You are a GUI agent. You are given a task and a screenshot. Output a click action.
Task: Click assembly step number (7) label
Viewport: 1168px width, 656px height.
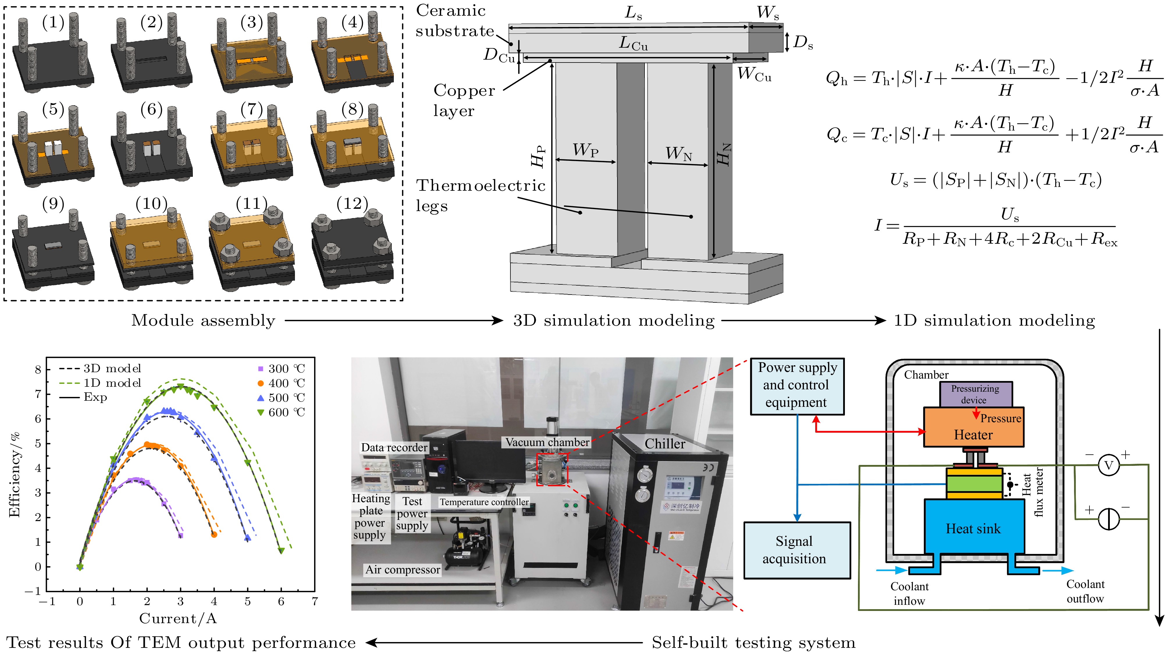click(252, 109)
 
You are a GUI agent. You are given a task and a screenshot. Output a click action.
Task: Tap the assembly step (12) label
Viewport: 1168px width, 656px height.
click(352, 204)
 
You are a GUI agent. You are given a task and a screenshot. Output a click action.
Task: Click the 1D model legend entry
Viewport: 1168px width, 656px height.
click(100, 383)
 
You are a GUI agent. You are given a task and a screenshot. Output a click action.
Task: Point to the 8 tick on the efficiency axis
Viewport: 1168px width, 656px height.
click(38, 370)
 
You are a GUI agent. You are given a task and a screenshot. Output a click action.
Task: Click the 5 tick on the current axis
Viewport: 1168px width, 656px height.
click(248, 602)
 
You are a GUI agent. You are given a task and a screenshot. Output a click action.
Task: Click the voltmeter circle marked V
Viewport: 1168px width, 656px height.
click(1108, 465)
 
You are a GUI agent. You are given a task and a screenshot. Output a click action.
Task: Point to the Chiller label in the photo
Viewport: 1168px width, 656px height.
click(665, 444)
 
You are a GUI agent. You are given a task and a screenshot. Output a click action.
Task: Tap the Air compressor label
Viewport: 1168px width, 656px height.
click(403, 570)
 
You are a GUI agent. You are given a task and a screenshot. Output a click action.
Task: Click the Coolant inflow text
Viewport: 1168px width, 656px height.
click(909, 593)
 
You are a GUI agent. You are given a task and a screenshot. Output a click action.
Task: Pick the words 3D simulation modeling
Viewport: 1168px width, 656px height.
click(613, 320)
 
